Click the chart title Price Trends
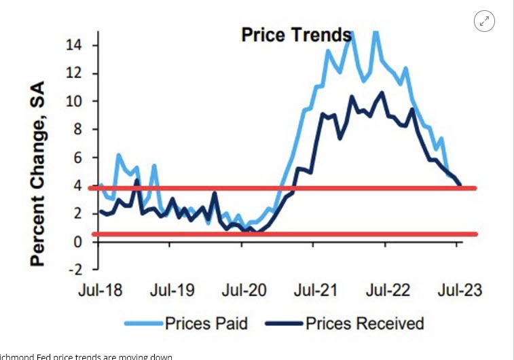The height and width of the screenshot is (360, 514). [x=296, y=35]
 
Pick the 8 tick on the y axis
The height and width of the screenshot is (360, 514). [x=79, y=130]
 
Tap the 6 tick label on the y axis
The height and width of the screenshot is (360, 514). [x=79, y=158]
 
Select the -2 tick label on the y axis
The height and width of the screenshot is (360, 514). [x=76, y=270]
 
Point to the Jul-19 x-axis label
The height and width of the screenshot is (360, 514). [x=173, y=291]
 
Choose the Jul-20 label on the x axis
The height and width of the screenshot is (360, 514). [x=244, y=291]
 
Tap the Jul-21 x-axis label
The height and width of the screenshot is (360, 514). [x=316, y=291]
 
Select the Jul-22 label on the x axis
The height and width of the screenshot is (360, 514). [x=387, y=291]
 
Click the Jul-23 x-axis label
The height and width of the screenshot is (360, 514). [x=459, y=291]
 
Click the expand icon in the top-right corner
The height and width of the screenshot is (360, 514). [x=484, y=21]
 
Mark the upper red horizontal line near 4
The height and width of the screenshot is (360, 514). [x=272, y=187]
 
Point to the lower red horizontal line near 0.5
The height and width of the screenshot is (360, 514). [x=272, y=234]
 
